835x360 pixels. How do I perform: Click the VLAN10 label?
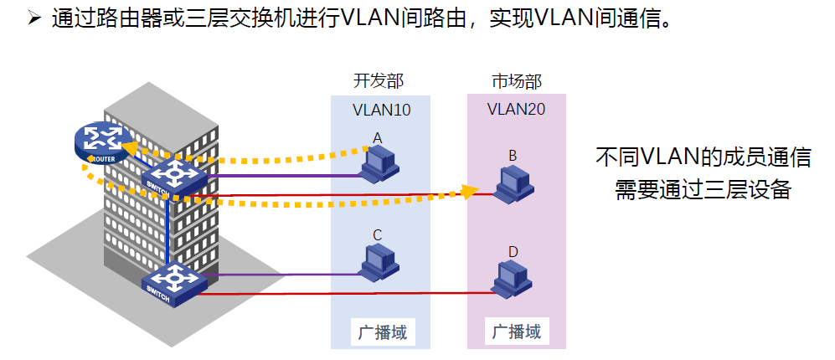point(381,110)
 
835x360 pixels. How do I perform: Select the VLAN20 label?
point(516,110)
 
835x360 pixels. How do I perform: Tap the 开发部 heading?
point(379,81)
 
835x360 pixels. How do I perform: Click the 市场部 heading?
point(516,81)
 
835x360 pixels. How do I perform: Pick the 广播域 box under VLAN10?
point(381,332)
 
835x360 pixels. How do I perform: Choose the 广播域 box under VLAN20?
point(516,332)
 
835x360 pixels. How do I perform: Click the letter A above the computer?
point(378,136)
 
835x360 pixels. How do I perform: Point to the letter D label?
point(513,250)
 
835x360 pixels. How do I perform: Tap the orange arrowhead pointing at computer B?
point(470,192)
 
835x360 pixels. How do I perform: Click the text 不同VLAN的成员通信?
point(703,157)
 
